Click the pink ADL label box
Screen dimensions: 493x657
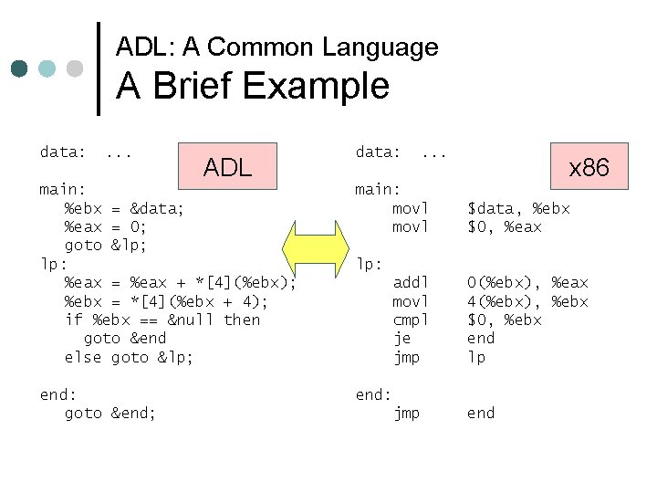tap(228, 166)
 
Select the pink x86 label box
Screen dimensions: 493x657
tap(589, 167)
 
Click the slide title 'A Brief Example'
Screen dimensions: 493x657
tap(252, 87)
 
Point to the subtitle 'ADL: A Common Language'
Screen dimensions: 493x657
tap(277, 47)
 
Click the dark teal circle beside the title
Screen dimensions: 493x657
tap(21, 68)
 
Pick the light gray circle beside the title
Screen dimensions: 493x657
tap(75, 68)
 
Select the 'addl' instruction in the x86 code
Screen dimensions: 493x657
tap(410, 283)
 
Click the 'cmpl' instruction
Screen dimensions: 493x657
tap(410, 320)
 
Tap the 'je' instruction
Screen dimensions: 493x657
tap(401, 339)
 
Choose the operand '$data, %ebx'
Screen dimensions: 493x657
tap(518, 209)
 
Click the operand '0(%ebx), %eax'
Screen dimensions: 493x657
tap(527, 283)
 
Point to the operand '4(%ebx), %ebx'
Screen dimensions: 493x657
tap(527, 301)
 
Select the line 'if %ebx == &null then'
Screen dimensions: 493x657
tap(162, 320)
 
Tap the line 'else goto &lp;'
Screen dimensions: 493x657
tap(129, 357)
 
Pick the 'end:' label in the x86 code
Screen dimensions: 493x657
tap(373, 394)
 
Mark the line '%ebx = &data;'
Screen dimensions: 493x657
tap(124, 209)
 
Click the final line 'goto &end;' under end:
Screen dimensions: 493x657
tap(110, 414)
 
